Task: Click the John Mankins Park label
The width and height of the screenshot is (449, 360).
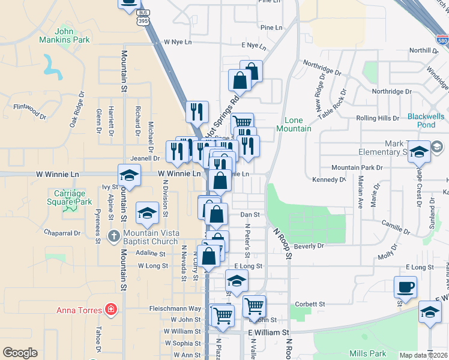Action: pos(72,35)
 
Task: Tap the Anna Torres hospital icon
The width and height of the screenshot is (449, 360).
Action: pos(110,310)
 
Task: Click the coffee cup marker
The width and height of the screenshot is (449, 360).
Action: pos(405,286)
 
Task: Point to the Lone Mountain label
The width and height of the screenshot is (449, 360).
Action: pos(294,124)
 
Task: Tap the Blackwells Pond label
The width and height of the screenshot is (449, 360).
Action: pos(428,121)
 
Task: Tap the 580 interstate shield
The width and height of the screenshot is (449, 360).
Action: pos(443,41)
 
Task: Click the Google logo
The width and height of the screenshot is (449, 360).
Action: pos(20,353)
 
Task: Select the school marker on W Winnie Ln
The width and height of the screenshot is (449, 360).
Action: pos(129,175)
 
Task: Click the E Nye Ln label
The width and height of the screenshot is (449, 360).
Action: pos(253,46)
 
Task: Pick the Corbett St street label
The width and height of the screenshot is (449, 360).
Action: pos(310,305)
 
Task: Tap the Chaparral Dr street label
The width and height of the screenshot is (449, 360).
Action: pos(62,233)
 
